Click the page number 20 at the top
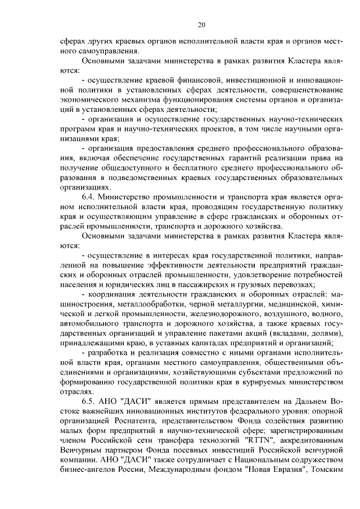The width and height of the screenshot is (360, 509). click(x=201, y=25)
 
